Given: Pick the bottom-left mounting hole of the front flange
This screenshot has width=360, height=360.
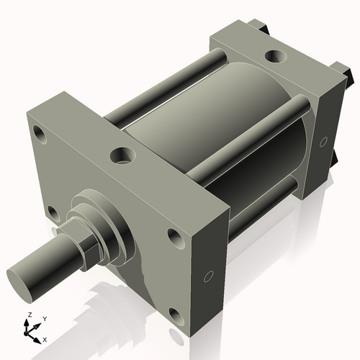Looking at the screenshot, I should [53, 212].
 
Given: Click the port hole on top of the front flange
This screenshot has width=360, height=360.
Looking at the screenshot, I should [122, 154].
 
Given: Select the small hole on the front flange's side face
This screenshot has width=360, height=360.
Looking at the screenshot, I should [208, 276].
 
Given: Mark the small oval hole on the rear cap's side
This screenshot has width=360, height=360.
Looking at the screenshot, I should [323, 140].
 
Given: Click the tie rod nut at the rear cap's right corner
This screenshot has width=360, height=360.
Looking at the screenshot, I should [346, 72].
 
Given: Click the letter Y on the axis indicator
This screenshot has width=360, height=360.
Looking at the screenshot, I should [45, 318].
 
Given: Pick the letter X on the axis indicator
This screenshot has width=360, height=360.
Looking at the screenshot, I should [45, 338].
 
